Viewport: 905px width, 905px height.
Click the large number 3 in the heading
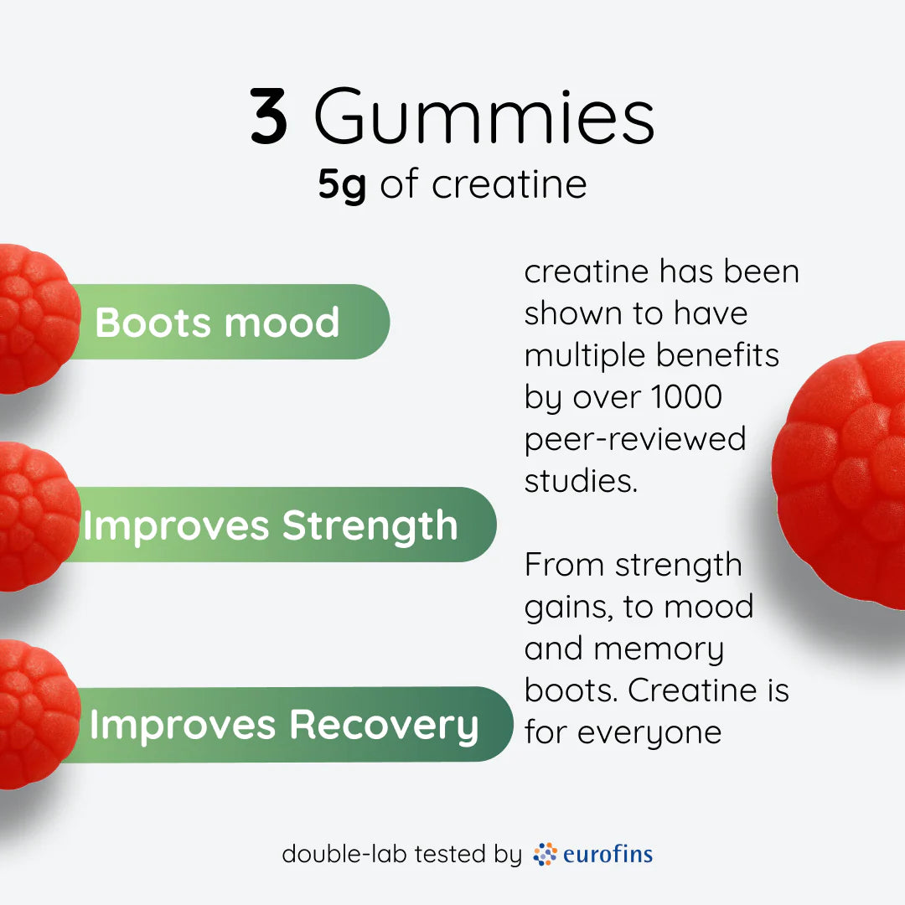point(270,118)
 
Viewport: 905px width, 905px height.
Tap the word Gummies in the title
point(484,120)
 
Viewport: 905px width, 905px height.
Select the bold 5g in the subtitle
point(342,185)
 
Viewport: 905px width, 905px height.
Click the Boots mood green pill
point(235,323)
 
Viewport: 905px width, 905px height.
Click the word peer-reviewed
point(635,439)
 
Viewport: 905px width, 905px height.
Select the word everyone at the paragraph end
point(649,732)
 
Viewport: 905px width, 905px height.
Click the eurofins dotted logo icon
point(546,854)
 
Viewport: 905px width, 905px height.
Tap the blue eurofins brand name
point(608,854)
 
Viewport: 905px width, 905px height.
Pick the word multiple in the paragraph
point(584,355)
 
